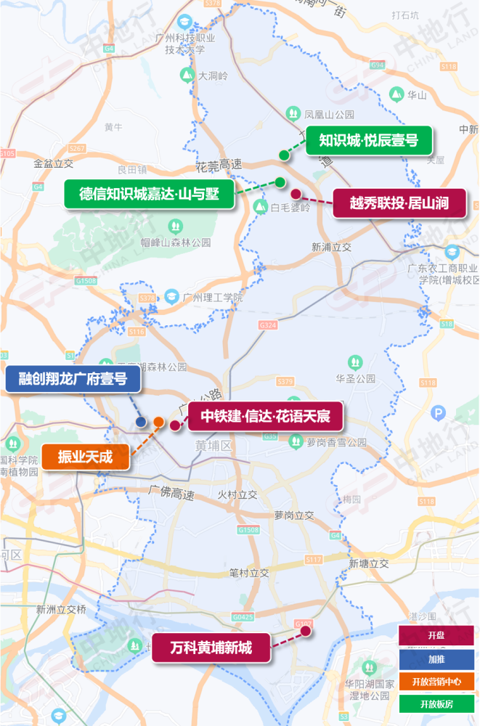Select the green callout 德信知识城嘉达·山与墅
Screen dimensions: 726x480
click(150, 194)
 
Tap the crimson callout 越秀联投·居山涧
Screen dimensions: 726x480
click(399, 204)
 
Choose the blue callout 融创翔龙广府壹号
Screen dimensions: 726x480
click(73, 379)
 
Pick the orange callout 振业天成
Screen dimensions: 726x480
click(86, 457)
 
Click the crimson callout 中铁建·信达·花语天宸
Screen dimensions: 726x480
click(266, 417)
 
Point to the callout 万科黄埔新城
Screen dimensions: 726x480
click(211, 648)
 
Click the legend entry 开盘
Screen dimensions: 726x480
click(436, 635)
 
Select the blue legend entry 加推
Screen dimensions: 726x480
click(436, 658)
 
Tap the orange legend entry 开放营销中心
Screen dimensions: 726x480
click(436, 681)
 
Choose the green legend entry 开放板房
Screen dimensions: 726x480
click(436, 703)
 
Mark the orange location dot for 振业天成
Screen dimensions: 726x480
click(158, 422)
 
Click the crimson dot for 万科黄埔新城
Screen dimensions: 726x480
click(306, 631)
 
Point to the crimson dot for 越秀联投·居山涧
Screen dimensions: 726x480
click(296, 194)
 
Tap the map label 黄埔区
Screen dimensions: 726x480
click(213, 445)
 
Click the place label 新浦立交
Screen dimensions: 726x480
click(331, 247)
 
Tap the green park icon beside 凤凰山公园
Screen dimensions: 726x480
click(293, 113)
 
